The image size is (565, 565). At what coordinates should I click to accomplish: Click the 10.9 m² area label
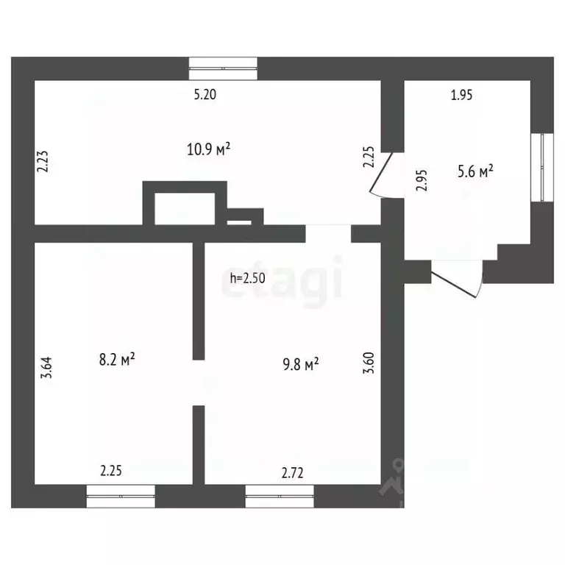(209, 149)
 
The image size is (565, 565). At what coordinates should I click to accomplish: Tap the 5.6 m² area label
(475, 172)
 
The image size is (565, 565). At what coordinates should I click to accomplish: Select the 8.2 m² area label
(117, 360)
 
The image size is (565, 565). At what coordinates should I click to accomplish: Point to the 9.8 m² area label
(301, 363)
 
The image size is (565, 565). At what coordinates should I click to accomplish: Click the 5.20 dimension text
(205, 93)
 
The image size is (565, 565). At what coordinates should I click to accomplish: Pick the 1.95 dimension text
(461, 94)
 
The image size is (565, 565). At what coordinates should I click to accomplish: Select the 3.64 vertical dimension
(47, 366)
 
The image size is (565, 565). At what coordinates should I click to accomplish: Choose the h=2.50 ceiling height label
(248, 278)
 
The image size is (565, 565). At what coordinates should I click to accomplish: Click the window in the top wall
(224, 68)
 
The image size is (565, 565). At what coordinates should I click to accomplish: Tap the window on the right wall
(542, 167)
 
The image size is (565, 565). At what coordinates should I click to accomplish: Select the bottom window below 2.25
(121, 495)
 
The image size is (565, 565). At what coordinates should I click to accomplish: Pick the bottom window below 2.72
(280, 495)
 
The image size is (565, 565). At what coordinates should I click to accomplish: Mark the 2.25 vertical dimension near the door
(369, 158)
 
